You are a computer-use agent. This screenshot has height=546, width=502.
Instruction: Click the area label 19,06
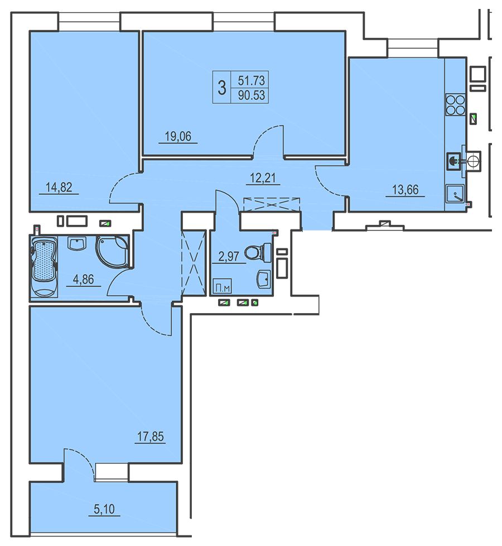tap(178, 136)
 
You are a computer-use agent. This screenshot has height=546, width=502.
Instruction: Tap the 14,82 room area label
tap(59, 188)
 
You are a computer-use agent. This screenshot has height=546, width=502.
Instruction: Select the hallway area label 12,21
tap(263, 178)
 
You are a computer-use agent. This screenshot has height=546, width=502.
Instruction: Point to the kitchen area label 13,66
tap(406, 190)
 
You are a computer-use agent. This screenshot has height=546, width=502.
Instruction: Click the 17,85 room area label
tap(150, 437)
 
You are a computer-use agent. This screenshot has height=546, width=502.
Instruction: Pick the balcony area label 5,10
tap(104, 509)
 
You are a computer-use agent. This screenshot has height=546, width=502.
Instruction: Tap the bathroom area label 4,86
tap(84, 279)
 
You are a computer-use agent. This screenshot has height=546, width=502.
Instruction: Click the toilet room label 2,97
tap(229, 257)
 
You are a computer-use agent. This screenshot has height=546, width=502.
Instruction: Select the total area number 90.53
tap(251, 95)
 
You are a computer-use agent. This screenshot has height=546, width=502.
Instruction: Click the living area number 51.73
tap(251, 80)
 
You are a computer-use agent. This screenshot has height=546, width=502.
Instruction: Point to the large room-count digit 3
tap(222, 88)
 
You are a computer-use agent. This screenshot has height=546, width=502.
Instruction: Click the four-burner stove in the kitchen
tap(455, 105)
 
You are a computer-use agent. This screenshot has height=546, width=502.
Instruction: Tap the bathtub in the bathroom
tap(44, 267)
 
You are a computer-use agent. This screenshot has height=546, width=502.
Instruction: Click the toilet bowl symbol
tap(258, 252)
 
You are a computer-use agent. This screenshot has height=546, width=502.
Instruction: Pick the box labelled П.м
tap(221, 286)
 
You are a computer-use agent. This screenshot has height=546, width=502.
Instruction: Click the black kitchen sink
tap(453, 161)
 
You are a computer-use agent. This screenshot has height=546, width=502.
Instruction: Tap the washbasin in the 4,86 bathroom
tap(76, 243)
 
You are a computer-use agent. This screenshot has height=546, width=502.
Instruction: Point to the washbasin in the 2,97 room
tap(263, 279)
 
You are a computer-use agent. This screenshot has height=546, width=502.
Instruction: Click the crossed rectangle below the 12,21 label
tap(272, 204)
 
